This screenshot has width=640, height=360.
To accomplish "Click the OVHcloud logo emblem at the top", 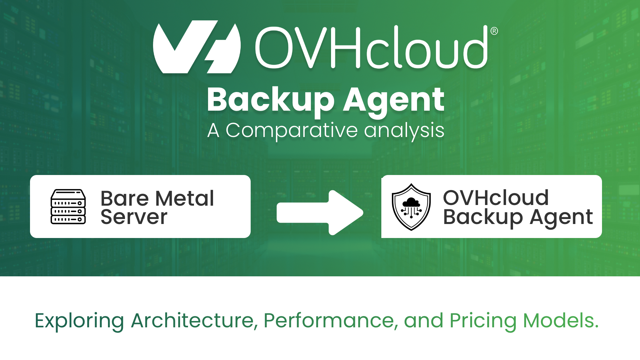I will click(197, 47).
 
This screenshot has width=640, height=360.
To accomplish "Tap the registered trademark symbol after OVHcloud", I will click(494, 31).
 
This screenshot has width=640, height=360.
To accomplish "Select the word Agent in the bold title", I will click(394, 100).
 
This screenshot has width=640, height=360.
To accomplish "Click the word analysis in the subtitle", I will click(404, 130).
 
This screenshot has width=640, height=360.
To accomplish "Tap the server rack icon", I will click(68, 207).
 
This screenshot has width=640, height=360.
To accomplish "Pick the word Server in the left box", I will click(134, 217).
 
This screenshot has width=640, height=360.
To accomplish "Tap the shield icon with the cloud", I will click(411, 207).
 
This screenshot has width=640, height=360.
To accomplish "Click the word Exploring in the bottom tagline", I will click(79, 321).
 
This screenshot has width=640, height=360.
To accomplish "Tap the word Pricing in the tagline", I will click(483, 321).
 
